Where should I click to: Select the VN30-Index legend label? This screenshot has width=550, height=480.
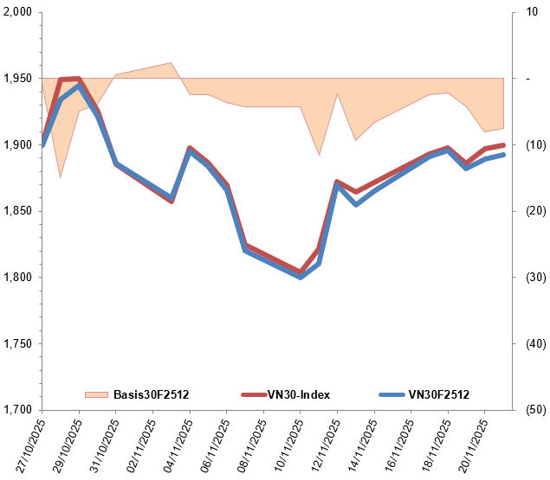(x=297, y=395)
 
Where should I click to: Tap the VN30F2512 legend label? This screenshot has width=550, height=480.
(x=438, y=395)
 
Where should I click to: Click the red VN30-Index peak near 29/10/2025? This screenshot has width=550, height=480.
(x=78, y=79)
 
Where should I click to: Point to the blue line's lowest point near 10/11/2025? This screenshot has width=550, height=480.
(x=301, y=278)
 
